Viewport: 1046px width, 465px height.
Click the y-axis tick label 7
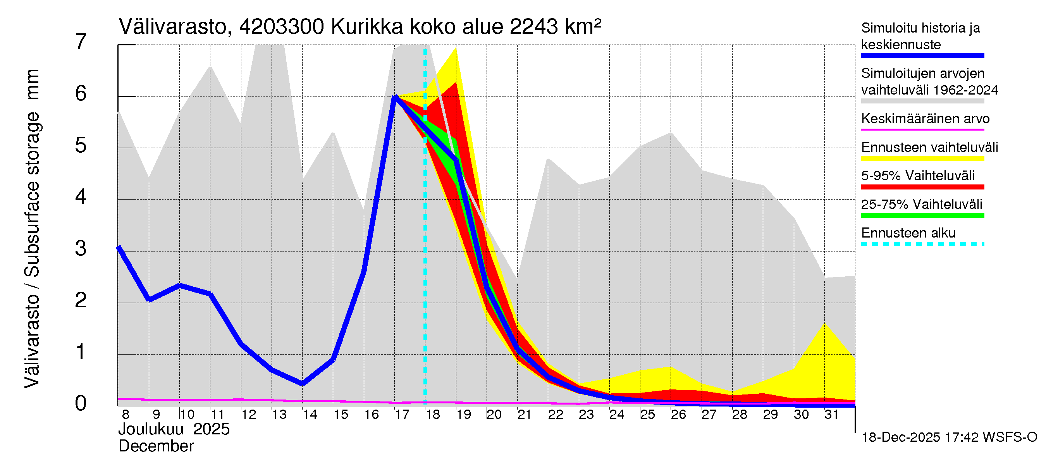[81, 42]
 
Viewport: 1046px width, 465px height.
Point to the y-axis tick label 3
[81, 248]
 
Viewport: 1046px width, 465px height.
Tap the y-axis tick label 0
[81, 404]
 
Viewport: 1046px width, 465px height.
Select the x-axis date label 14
[310, 415]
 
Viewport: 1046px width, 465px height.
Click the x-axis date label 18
[433, 415]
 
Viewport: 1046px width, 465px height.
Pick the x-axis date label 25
[648, 415]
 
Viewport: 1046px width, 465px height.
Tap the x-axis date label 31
[832, 415]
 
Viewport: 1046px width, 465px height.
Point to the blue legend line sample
[922, 56]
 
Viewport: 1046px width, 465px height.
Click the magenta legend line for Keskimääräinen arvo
[922, 129]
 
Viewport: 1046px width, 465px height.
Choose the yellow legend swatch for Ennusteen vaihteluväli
[922, 158]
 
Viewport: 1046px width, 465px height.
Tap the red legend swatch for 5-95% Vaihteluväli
[922, 187]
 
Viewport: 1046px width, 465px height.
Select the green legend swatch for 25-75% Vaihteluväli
[922, 215]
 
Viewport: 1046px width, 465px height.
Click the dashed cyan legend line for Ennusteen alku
[922, 244]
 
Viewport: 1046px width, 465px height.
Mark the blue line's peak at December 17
[396, 96]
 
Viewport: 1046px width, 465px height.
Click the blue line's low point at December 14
[303, 383]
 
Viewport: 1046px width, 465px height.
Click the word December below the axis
[156, 446]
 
